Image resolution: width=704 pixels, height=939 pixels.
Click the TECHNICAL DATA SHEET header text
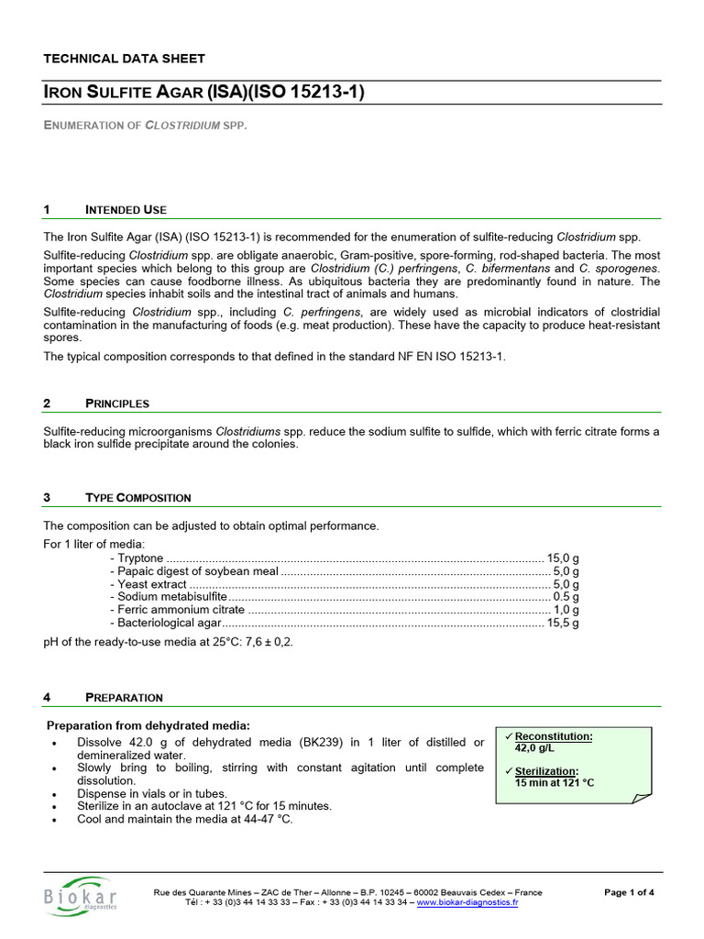pos(125,59)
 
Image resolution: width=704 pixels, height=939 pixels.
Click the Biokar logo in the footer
pos(80,896)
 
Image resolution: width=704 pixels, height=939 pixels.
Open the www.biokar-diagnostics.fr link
pos(467,902)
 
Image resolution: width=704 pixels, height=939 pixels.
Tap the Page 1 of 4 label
pos(630,891)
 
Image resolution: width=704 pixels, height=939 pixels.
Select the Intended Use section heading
pos(126,210)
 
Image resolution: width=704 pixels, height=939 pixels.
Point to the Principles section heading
pos(117,403)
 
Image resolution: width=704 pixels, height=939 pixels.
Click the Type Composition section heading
pos(138,498)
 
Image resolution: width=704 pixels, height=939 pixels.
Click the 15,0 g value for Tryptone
pos(563,558)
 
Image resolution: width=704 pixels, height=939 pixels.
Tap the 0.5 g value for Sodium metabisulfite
pos(566,597)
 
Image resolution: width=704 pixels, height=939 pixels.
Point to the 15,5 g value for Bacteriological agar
pos(563,623)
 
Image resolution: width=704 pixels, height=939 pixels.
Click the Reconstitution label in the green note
pos(554,736)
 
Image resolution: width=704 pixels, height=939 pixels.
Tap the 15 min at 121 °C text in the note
pos(555,782)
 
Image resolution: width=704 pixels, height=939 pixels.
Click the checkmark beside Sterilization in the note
pos(509,770)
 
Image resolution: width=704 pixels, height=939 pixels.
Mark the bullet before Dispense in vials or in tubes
pos(57,794)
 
